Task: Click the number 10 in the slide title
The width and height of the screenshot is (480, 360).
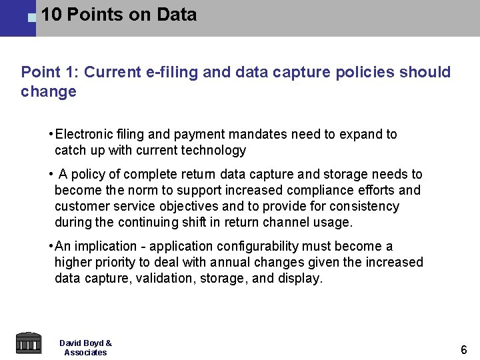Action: [x=51, y=15]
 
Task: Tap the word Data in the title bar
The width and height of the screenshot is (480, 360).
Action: [x=177, y=15]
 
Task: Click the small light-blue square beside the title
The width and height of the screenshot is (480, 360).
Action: [x=31, y=18]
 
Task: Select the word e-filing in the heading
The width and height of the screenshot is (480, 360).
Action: [x=170, y=72]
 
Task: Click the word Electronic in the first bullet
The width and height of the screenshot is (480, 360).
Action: [x=84, y=134]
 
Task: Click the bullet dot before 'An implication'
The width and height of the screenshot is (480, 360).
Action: [x=51, y=246]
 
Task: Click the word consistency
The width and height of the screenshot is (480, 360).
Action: [x=363, y=206]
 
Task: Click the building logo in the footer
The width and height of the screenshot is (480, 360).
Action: [x=28, y=343]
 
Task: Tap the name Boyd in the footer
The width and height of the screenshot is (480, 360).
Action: [x=91, y=343]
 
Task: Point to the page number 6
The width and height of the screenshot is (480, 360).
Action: [x=464, y=349]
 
